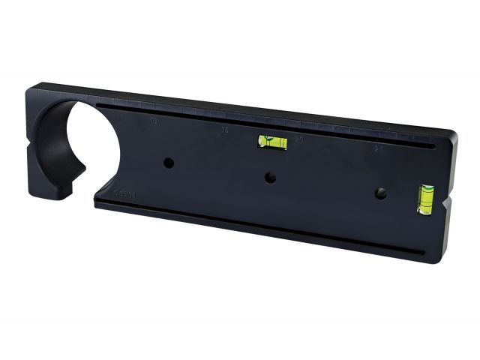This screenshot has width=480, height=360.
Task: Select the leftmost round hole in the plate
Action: pos(169,162)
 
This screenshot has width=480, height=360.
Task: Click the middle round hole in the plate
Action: pos(269,178)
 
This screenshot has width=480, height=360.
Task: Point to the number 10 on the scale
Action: pos(154,121)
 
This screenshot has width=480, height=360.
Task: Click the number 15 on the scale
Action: pos(225,130)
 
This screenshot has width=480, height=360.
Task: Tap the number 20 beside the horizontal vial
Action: pos(299,140)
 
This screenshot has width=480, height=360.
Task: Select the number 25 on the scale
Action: pos(378,151)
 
